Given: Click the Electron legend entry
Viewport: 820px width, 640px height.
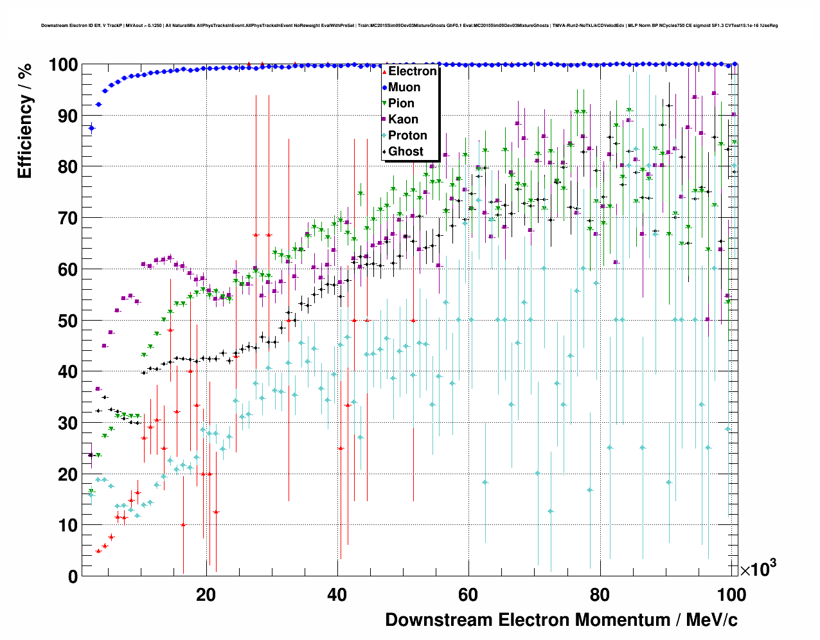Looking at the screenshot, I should pos(412,71).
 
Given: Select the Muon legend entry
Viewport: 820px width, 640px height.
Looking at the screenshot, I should pos(404,87).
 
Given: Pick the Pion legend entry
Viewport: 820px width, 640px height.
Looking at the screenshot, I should pos(401,103).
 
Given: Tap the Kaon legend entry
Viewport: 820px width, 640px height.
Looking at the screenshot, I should pos(403,120).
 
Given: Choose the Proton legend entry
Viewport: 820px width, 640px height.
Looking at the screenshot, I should pos(407,136).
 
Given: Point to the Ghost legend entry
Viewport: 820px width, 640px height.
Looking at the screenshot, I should pos(406,152).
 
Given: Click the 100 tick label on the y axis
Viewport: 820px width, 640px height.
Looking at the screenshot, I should pos(63,65).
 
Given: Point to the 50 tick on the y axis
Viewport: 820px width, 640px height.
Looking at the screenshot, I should pos(68,321).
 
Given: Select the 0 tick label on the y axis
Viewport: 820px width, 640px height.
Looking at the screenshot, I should pos(73,576).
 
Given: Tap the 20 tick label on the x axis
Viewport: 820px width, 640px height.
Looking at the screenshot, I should pos(206,595).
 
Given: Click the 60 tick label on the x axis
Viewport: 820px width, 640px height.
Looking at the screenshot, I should pos(468,595).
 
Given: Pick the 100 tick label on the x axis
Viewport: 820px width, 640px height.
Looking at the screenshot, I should pos(731,595).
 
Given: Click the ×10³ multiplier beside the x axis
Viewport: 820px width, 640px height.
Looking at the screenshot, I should pos(758,569).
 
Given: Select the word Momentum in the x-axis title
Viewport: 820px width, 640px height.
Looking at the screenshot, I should pos(622,620).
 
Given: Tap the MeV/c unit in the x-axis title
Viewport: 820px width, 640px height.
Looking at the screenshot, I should pos(711,620).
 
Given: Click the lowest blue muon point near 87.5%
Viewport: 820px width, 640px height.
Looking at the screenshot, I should pos(91,129).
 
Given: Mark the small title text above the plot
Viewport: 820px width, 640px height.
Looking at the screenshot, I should pos(409,26).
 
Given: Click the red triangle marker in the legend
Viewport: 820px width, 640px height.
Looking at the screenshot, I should pos(384,71).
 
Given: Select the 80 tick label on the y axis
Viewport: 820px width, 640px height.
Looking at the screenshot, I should pos(68,167).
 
